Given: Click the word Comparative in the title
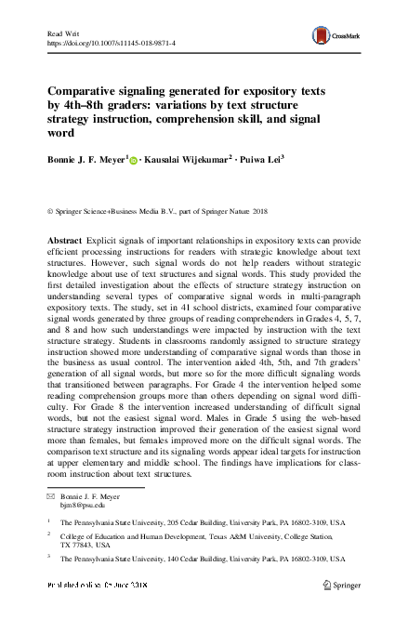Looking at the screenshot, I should click(x=97, y=94).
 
